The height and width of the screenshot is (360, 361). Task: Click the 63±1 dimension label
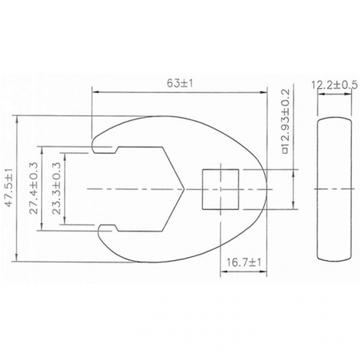coord(180,83)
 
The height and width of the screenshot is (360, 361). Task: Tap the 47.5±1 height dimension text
coord(9,188)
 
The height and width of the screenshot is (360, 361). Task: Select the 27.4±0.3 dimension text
coord(33,188)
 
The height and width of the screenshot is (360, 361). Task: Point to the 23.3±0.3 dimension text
coord(56,188)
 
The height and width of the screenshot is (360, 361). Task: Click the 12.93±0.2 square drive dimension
coord(286,121)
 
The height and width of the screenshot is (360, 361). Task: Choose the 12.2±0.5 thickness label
coord(335,85)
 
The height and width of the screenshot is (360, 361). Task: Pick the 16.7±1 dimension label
coord(244,262)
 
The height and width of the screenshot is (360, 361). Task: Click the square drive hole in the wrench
coord(220,189)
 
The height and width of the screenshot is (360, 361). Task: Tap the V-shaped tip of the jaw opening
coord(184,189)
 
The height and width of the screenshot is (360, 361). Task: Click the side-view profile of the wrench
coord(335,189)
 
